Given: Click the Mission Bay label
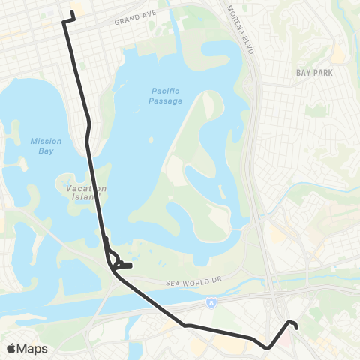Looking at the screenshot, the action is click(46, 145).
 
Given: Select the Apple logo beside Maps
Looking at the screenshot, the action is click(11, 348).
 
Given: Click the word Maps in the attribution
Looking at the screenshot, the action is click(33, 348).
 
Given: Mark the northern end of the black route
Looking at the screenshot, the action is click(73, 13).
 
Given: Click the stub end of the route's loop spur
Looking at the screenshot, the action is click(131, 265).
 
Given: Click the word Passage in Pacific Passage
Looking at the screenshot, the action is click(166, 100).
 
